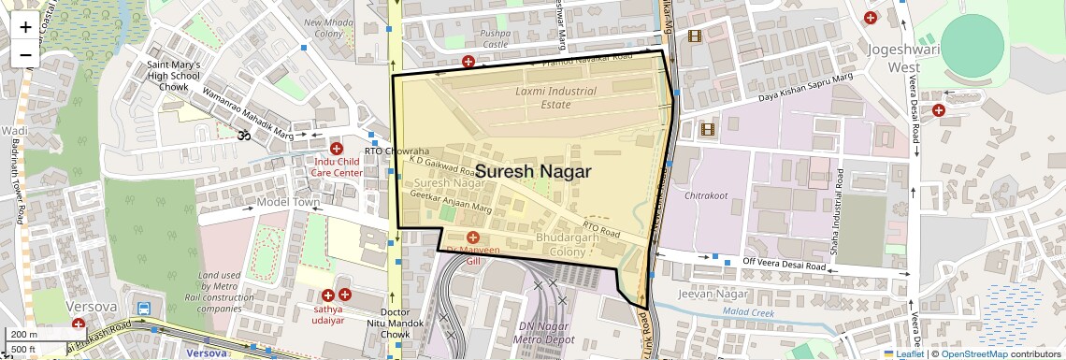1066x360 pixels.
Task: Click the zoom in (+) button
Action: (25, 27)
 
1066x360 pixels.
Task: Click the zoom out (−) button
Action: (25, 55)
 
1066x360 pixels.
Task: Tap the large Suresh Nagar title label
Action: (533, 172)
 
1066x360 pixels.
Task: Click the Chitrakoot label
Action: (706, 196)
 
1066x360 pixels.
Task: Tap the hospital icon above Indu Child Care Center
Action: (337, 149)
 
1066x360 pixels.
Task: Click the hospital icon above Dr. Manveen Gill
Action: (473, 238)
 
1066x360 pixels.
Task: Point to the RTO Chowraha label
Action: (396, 151)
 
